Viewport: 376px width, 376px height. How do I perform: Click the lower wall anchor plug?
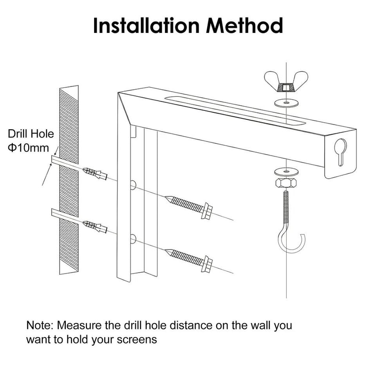click(95, 227)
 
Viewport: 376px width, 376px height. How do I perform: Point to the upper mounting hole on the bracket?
click(133, 184)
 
